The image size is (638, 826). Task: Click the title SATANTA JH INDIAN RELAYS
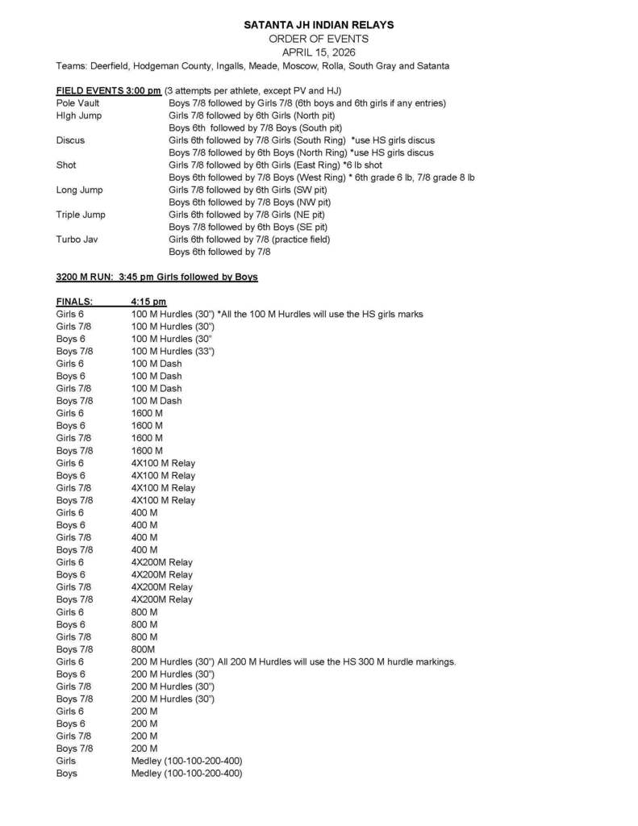[318, 26]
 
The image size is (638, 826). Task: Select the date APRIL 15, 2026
[318, 52]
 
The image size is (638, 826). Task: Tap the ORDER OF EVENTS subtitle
[318, 39]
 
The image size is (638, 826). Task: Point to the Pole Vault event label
[77, 103]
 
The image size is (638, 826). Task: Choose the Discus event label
[70, 140]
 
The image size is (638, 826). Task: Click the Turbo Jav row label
[77, 240]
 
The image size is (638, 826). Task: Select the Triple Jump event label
[81, 215]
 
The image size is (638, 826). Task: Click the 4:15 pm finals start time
[148, 302]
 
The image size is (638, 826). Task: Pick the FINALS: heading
[74, 302]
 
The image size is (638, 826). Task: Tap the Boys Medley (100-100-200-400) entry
[186, 774]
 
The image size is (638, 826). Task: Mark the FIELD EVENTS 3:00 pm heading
[108, 90]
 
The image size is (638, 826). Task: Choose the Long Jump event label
[79, 190]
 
